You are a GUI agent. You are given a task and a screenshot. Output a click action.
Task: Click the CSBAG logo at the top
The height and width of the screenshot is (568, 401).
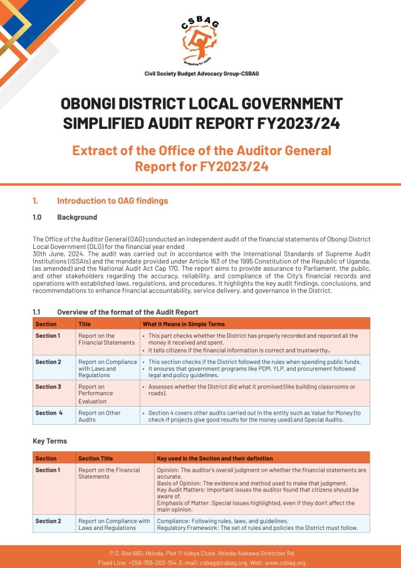pyautogui.click(x=201, y=41)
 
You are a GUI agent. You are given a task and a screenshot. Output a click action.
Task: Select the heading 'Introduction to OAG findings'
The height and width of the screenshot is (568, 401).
pyautogui.click(x=112, y=201)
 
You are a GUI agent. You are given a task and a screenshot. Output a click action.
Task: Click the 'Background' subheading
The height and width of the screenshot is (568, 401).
pyautogui.click(x=77, y=217)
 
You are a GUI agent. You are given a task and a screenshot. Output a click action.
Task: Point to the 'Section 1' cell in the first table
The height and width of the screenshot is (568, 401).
pyautogui.click(x=48, y=336)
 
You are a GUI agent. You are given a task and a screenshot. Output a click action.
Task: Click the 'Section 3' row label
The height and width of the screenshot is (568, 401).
pyautogui.click(x=48, y=387)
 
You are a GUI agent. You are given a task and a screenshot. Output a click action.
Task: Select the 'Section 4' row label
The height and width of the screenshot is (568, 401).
pyautogui.click(x=48, y=413)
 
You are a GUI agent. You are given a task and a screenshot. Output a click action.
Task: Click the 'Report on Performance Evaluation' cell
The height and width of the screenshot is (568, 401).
pyautogui.click(x=96, y=394)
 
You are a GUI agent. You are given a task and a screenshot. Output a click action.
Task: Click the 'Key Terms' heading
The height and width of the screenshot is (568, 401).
pyautogui.click(x=49, y=441)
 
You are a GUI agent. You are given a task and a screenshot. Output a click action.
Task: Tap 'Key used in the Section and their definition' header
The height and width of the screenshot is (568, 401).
pyautogui.click(x=214, y=459)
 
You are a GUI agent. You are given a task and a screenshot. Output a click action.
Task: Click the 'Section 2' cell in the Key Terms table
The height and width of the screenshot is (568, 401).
pyautogui.click(x=48, y=521)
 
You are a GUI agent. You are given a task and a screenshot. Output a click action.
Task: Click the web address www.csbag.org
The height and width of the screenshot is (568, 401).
pyautogui.click(x=284, y=563)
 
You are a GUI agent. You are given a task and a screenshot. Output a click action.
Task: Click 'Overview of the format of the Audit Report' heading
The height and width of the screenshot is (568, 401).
pyautogui.click(x=127, y=312)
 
